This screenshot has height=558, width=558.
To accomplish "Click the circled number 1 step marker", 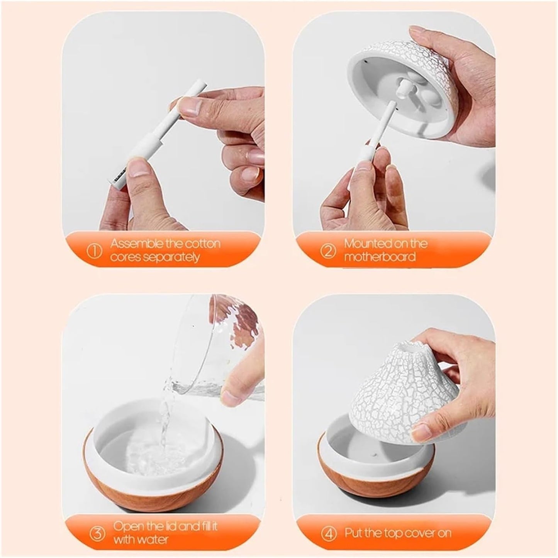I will [95, 251].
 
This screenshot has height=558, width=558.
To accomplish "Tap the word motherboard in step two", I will [380, 257].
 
